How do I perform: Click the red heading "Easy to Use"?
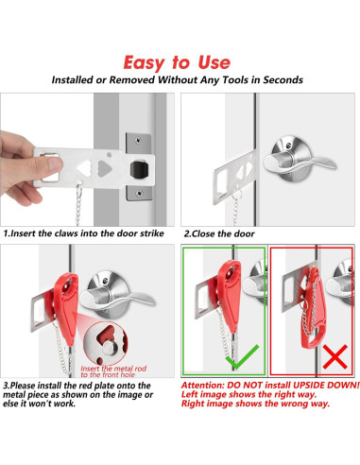point(177,62)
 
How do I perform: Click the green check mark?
point(243,357)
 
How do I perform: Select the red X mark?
point(335,356)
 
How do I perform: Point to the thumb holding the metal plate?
point(50,164)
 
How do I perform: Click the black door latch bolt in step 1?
point(139,169)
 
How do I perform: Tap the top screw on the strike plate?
point(138,141)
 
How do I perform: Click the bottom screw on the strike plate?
point(139,193)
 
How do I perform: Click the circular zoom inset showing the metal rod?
point(106,344)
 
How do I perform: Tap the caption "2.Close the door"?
point(219,233)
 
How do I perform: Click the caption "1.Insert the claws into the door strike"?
point(84,233)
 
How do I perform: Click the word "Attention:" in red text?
point(202,386)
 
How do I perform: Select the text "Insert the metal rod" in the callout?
point(113,369)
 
